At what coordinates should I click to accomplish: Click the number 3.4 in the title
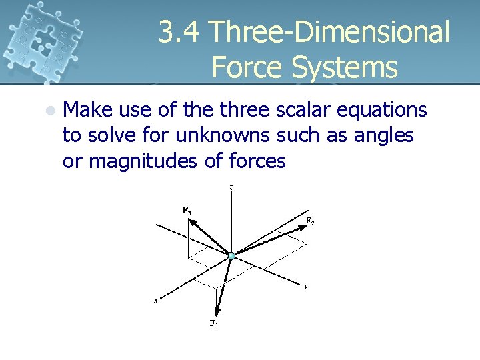(x=179, y=33)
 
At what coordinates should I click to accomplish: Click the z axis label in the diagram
(x=231, y=188)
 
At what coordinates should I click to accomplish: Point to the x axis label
(x=156, y=301)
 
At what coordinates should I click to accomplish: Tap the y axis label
(x=305, y=286)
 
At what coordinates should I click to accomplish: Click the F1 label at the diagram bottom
(x=213, y=323)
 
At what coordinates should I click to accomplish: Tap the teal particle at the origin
(x=231, y=255)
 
